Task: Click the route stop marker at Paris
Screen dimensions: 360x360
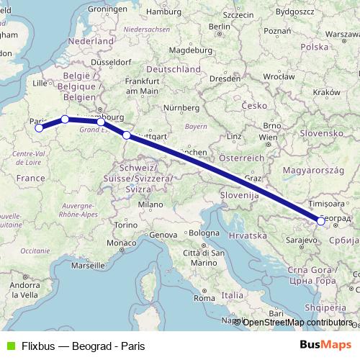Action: [x=40, y=129]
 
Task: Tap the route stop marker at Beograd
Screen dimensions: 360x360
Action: [x=320, y=222]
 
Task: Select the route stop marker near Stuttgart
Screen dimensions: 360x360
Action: [x=127, y=135]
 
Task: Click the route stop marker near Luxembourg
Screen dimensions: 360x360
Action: [x=101, y=122]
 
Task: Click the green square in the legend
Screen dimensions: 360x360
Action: [x=9, y=346]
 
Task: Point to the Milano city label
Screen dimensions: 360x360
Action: [x=151, y=204]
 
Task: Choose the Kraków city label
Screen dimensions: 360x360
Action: [x=326, y=92]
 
